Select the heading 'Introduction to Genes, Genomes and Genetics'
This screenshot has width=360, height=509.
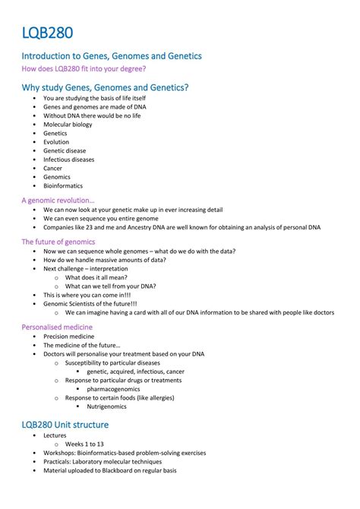tap(111, 57)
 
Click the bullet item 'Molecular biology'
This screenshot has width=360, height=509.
tap(68, 124)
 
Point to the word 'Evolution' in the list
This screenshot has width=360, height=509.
tap(56, 142)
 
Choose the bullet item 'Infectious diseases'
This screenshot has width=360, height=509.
tap(69, 160)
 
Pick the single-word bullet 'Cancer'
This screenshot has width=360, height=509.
tap(53, 169)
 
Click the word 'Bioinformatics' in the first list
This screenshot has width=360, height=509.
tap(63, 186)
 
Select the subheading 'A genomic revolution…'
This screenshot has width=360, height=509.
tap(58, 201)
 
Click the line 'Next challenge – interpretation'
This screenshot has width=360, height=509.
tap(86, 268)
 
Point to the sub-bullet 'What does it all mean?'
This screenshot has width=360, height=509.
tap(97, 277)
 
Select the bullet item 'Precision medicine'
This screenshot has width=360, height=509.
tap(69, 337)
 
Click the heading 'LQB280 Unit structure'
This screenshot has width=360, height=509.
tap(65, 425)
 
